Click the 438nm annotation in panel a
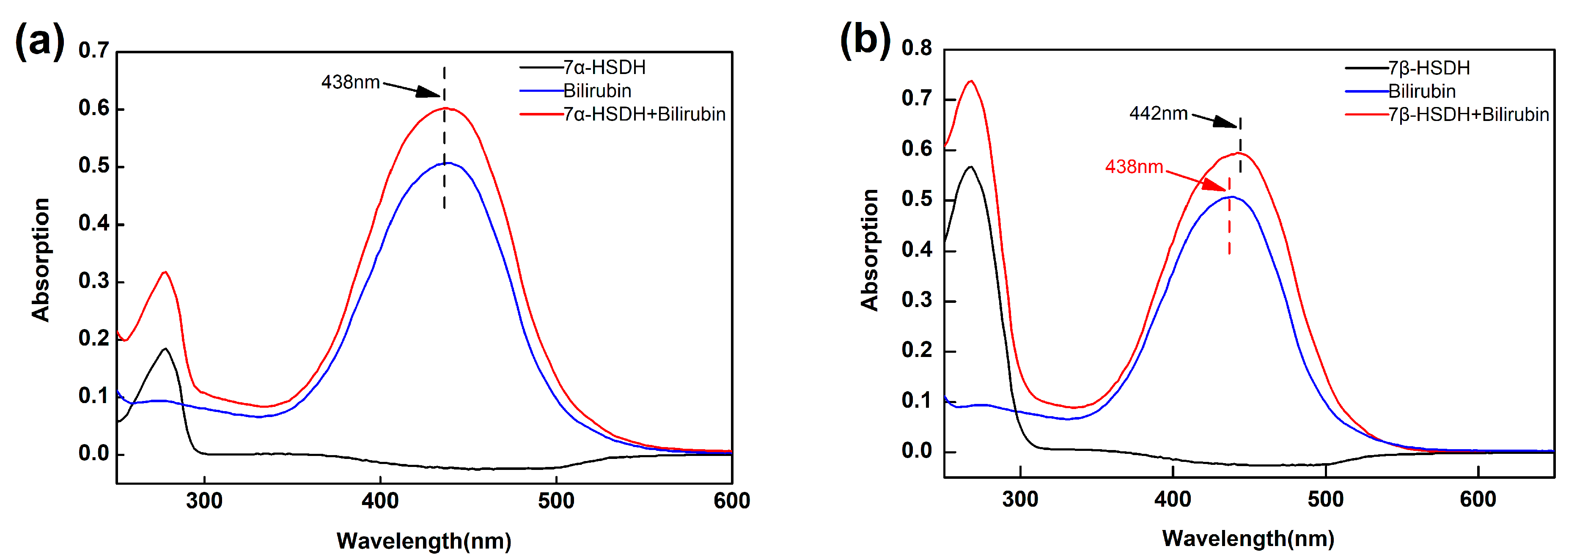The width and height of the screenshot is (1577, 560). point(350,82)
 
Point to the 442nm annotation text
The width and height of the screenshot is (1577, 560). point(1158,114)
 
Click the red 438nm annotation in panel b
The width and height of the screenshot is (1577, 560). point(1134,167)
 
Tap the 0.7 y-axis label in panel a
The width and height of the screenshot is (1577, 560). point(93,50)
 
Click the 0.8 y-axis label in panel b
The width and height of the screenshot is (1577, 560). point(916,48)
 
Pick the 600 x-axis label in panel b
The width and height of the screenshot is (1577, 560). point(1478,500)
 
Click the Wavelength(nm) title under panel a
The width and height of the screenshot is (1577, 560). point(423,541)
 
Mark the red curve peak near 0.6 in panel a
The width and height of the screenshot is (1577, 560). point(446,108)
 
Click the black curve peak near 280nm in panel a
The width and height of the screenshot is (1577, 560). point(165,349)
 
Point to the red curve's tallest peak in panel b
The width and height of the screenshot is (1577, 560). point(971,81)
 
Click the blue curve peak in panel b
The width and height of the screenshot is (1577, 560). point(1231,196)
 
